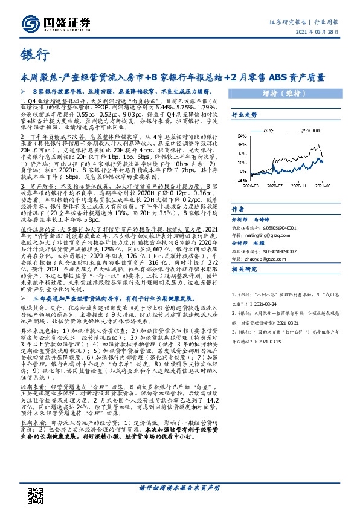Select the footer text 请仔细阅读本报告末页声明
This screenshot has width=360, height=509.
coord(180,488)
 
